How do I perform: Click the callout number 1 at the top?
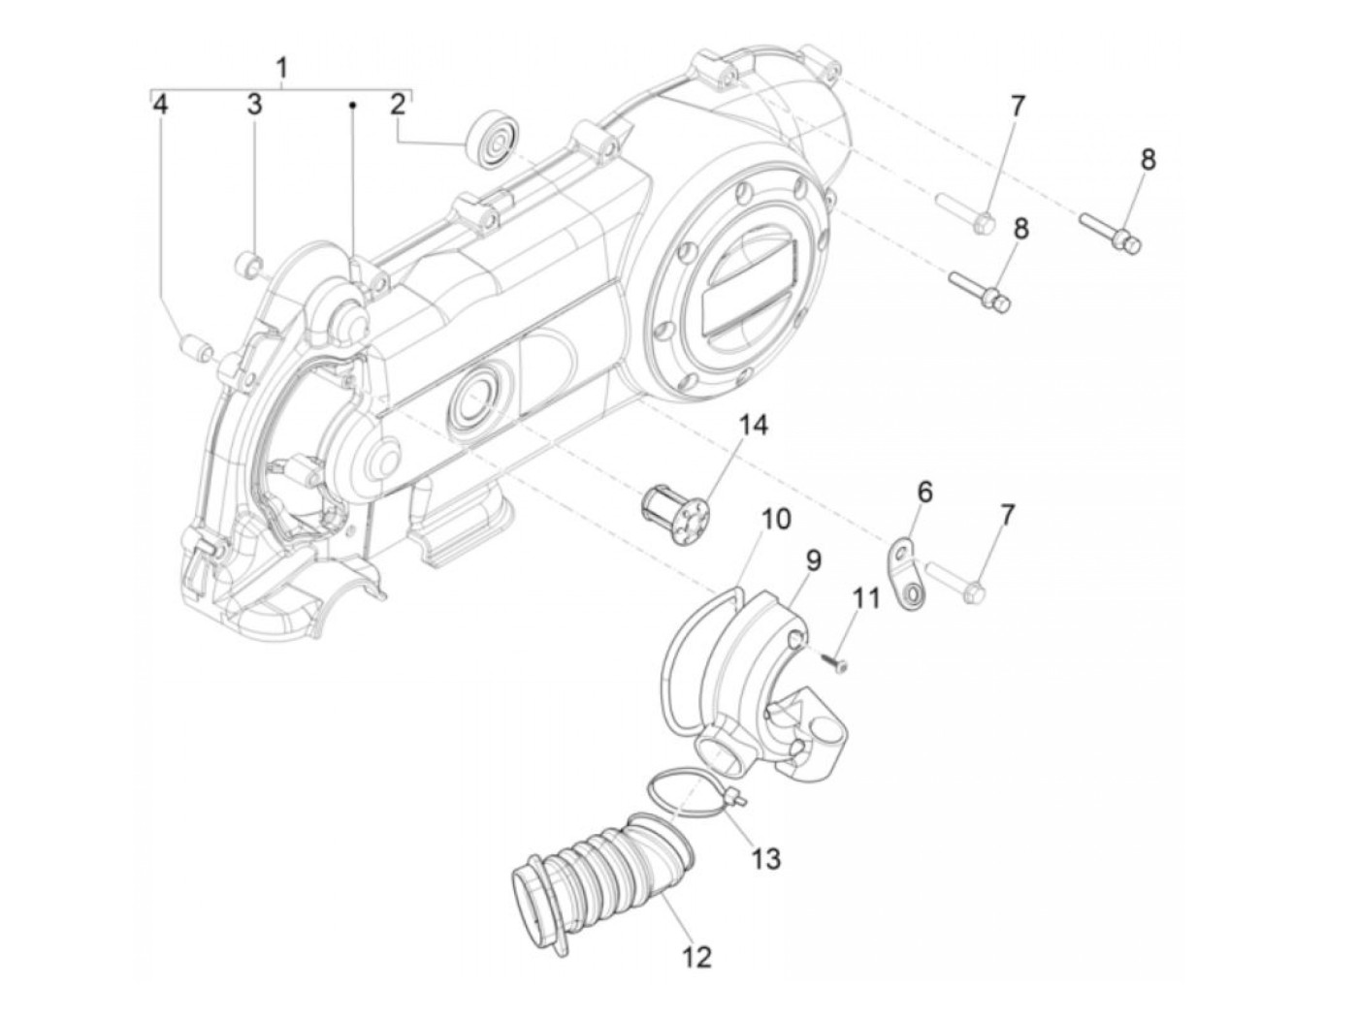click(x=281, y=68)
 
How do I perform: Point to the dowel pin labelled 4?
click(x=196, y=346)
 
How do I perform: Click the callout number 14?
click(x=753, y=426)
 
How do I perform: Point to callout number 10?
click(x=775, y=519)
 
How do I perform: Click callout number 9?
click(x=813, y=559)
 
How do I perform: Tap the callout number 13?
click(x=766, y=858)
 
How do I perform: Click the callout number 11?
click(x=866, y=597)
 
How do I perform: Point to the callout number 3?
click(x=253, y=104)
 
